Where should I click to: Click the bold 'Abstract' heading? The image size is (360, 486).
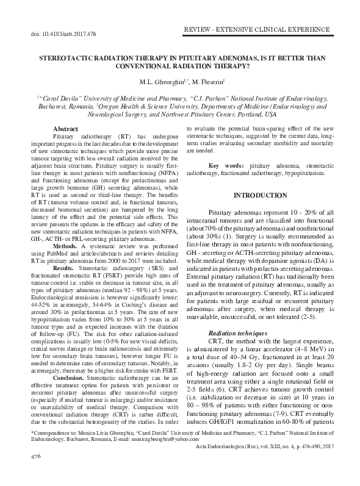(x=65, y=129)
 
